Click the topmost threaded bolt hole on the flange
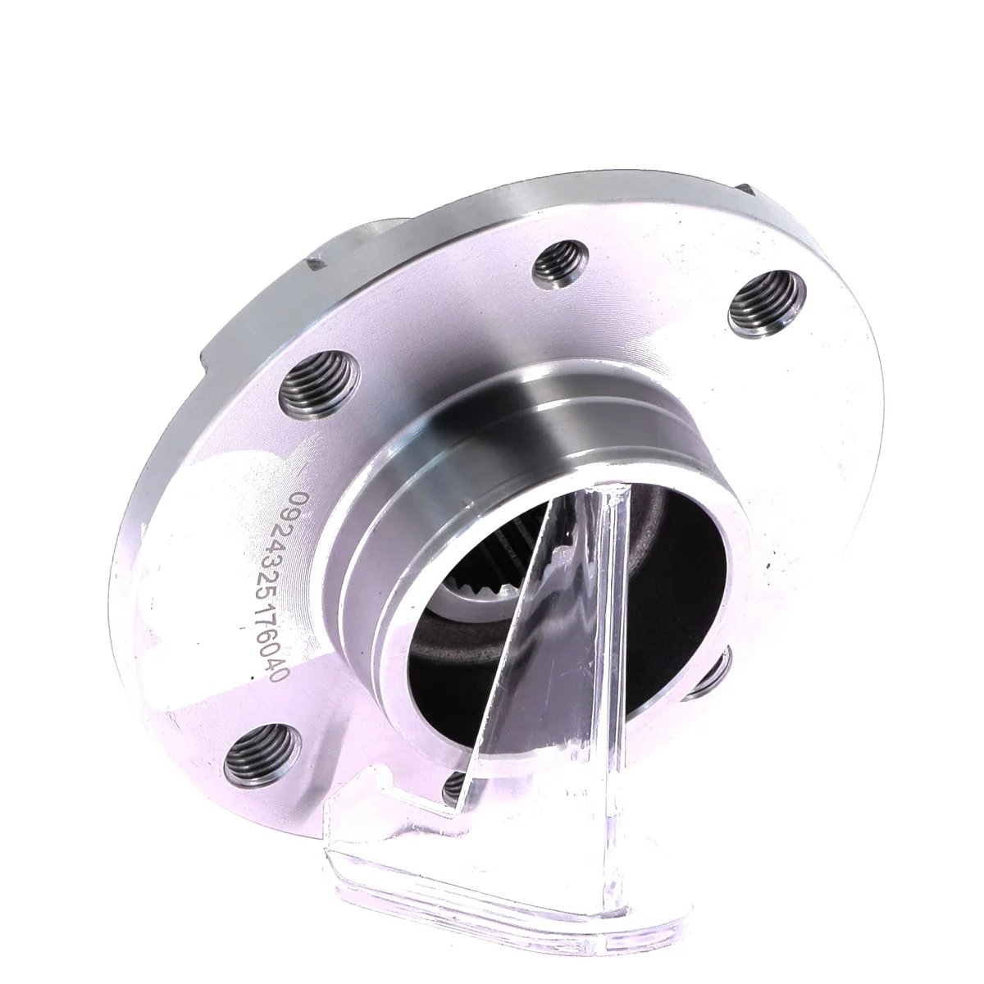tap(560, 266)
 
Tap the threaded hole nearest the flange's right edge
tap(767, 303)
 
